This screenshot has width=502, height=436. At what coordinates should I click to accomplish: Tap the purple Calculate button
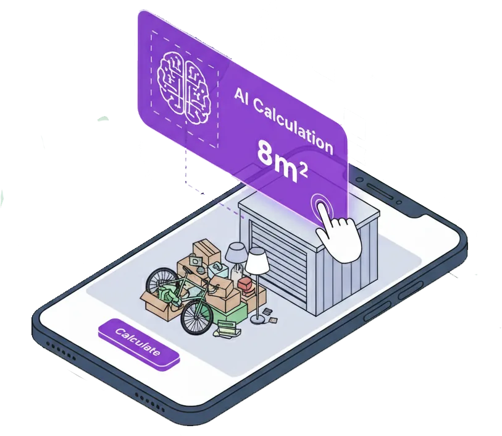[x=139, y=344]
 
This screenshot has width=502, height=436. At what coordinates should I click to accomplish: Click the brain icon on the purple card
[x=185, y=86]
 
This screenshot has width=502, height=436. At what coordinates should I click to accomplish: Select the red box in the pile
[x=246, y=285]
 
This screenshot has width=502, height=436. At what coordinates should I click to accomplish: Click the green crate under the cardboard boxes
[x=231, y=312]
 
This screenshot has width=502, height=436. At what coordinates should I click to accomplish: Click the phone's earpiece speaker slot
[x=380, y=191]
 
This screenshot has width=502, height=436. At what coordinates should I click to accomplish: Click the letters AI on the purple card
[x=241, y=97]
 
